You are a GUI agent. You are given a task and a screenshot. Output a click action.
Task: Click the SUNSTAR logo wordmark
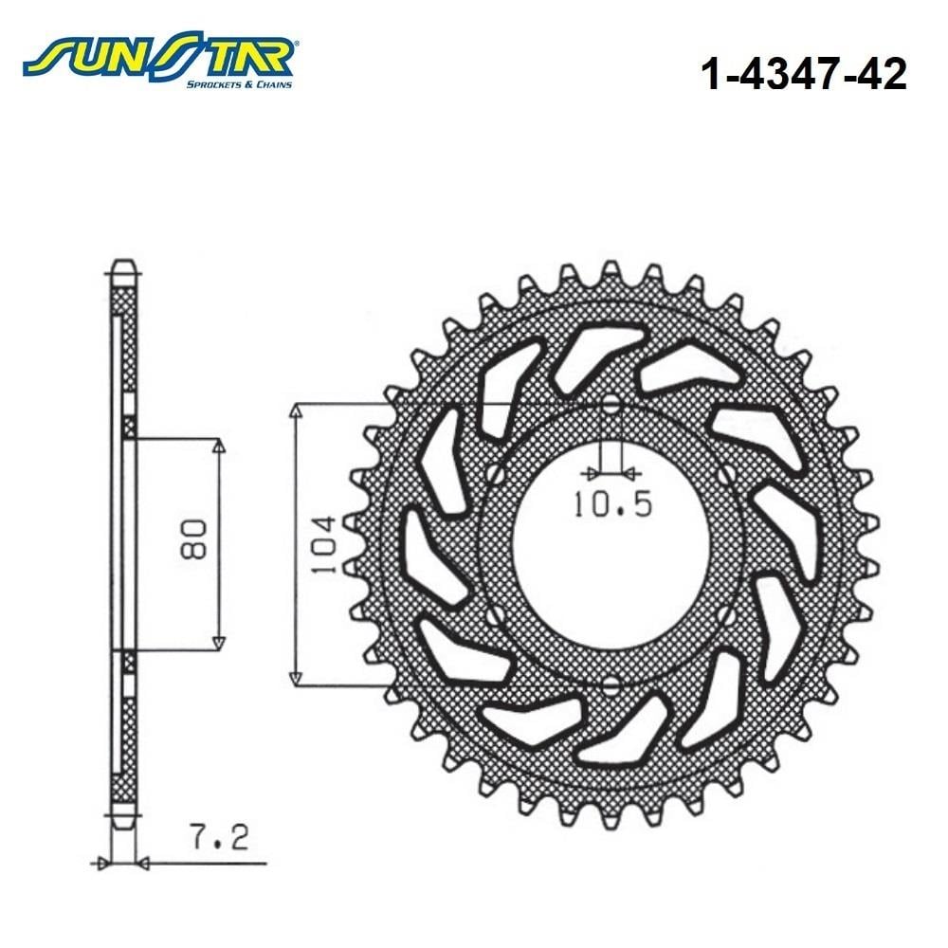[158, 57]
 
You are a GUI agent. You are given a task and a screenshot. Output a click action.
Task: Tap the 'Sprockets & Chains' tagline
[239, 84]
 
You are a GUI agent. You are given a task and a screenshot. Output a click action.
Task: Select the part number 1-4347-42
[804, 74]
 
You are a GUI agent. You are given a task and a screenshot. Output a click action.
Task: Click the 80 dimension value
[194, 538]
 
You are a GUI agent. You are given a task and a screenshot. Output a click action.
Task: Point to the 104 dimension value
[321, 545]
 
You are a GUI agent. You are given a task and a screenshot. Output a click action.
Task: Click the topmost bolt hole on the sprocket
[611, 404]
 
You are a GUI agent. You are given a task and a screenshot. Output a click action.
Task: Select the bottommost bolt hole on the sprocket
[611, 685]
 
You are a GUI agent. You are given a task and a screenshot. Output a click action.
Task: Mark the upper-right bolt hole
[726, 473]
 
